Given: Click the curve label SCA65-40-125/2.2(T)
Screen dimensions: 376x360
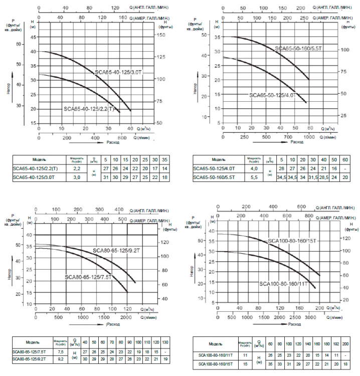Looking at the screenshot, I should [89, 109].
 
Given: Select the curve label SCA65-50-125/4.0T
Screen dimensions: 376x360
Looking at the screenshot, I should [273, 95].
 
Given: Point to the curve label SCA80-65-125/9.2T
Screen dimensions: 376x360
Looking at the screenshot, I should [116, 250].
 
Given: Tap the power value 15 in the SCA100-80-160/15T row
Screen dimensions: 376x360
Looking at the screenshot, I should [246, 363].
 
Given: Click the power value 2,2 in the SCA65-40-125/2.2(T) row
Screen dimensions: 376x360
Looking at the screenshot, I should [77, 169].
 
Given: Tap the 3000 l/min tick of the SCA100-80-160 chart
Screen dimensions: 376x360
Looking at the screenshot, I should [310, 318].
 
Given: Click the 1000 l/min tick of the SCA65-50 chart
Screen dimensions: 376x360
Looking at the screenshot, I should [309, 137].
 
